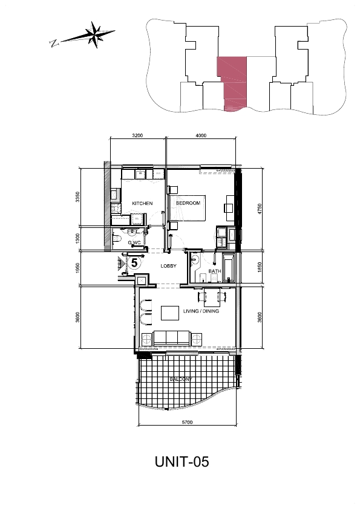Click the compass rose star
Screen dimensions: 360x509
pyautogui.click(x=96, y=34)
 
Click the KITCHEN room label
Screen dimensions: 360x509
pyautogui.click(x=142, y=203)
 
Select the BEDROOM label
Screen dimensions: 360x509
pyautogui.click(x=188, y=203)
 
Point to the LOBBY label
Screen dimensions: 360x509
pyautogui.click(x=169, y=266)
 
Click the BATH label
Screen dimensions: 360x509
pyautogui.click(x=215, y=271)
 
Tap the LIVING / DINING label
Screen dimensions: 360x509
pyautogui.click(x=201, y=311)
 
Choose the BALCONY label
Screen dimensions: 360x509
pyautogui.click(x=181, y=379)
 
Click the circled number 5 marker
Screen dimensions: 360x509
pyautogui.click(x=134, y=262)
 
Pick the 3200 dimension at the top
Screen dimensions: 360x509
pyautogui.click(x=138, y=135)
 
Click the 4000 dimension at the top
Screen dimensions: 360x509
pyautogui.click(x=201, y=135)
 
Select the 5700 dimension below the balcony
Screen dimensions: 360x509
pyautogui.click(x=187, y=422)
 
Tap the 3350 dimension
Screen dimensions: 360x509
pyautogui.click(x=77, y=197)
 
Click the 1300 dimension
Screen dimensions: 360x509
pyautogui.click(x=77, y=239)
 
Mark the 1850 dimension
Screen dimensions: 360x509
pyautogui.click(x=260, y=267)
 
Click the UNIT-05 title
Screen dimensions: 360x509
pyautogui.click(x=182, y=461)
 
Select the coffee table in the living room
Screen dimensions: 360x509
pyautogui.click(x=170, y=313)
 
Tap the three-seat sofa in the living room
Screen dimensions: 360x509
pyautogui.click(x=172, y=339)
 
